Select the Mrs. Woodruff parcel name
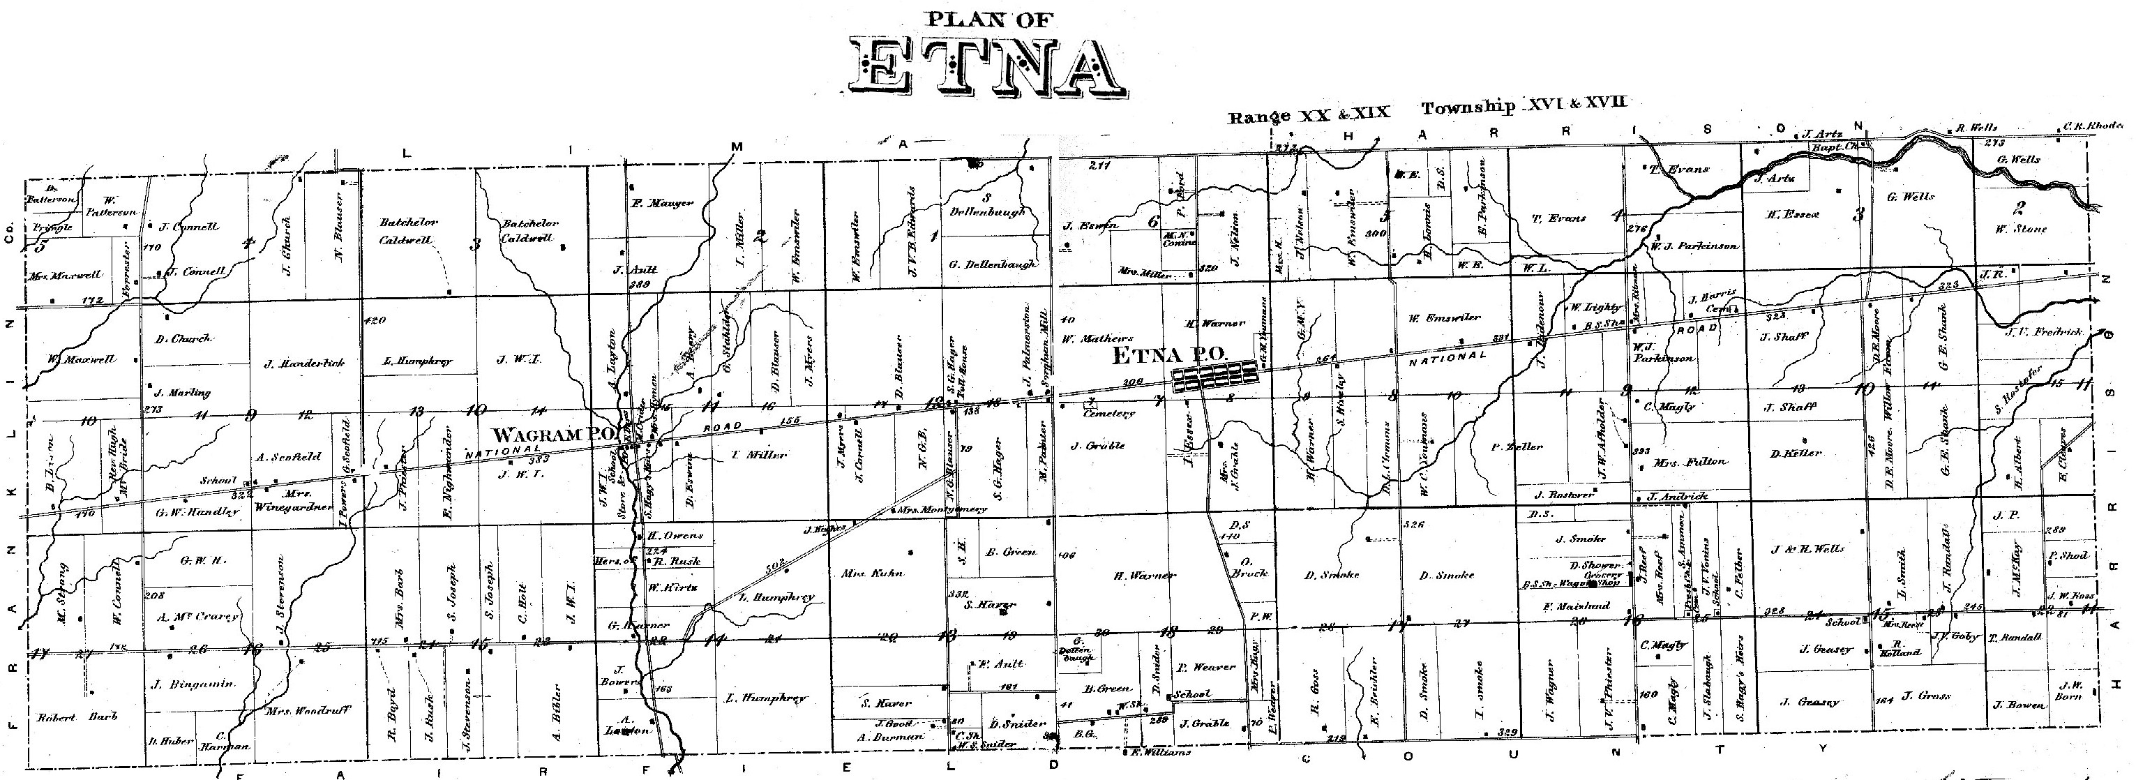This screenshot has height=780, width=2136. point(308,711)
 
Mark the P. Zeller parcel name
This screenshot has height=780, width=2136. point(1517,446)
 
